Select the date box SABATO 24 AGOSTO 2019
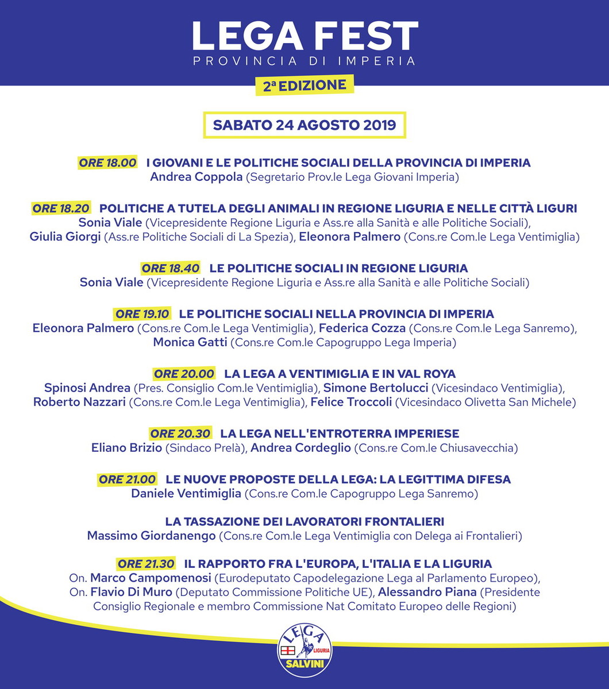pos(304,125)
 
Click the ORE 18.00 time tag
pos(108,162)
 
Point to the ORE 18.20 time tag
pos(61,208)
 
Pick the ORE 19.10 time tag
pos(142,314)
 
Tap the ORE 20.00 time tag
pos(184,374)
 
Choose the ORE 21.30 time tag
pos(147,564)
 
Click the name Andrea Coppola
pos(196,177)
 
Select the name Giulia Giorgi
pos(65,237)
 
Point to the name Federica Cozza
pos(363,328)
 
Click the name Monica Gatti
pos(190,343)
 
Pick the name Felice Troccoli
pos(351,402)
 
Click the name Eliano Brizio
pos(126,448)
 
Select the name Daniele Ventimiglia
pos(186,494)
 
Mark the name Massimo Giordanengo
pos(151,536)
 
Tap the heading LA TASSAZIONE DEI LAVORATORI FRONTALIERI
pos(304,522)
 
